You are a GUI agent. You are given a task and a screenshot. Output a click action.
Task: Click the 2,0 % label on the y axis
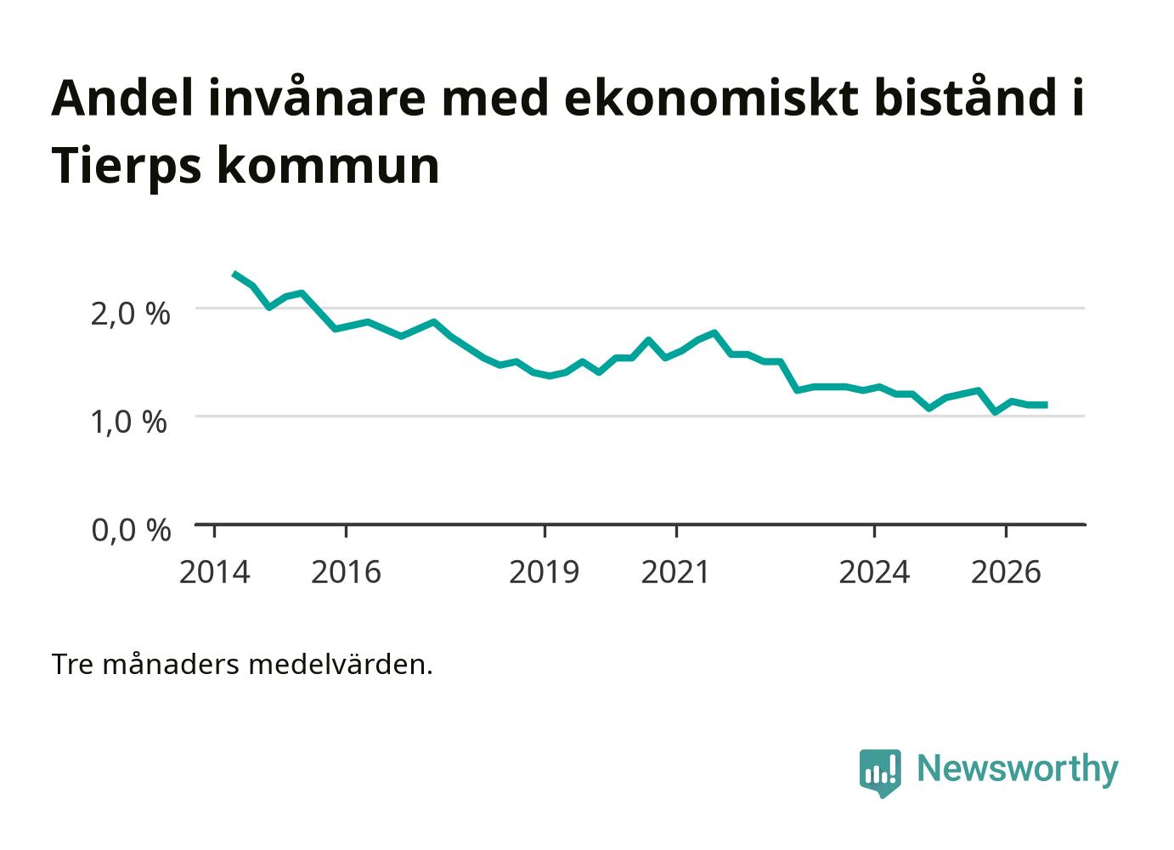(131, 314)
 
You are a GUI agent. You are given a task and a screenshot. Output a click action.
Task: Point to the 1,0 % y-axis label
(129, 422)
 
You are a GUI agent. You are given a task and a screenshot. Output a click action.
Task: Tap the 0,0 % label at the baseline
(131, 530)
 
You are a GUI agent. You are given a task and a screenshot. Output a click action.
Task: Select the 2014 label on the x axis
(214, 572)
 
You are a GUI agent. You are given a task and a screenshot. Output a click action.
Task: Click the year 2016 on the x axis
(346, 572)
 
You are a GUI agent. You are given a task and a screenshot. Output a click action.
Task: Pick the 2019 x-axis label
(544, 572)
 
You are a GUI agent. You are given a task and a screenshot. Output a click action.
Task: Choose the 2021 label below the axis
(675, 572)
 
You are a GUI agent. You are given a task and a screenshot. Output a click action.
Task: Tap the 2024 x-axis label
(874, 572)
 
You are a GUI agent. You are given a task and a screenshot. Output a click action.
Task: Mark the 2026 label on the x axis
(1006, 572)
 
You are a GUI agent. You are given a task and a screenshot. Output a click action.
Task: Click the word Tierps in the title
(127, 167)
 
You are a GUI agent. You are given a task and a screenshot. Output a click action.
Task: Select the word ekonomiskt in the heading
(711, 98)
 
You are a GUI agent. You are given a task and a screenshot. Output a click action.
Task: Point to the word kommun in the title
(328, 167)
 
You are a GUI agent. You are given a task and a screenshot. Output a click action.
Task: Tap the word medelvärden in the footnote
(341, 665)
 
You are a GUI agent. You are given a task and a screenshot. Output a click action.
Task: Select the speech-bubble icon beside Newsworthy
(880, 773)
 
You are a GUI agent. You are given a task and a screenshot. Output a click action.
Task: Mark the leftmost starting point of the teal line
(234, 274)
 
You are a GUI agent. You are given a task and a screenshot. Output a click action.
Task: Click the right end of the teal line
(1046, 405)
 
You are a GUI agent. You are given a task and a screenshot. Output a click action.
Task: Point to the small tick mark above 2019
(545, 530)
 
